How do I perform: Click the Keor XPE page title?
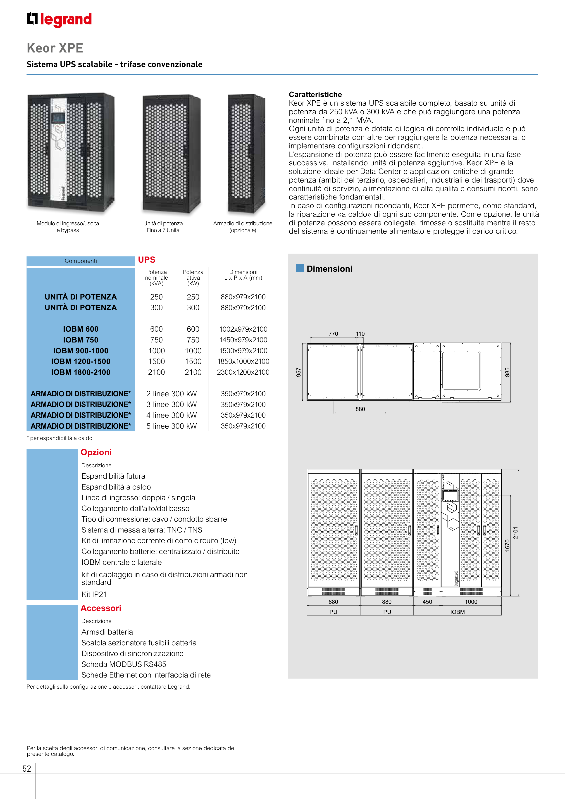pos(55,48)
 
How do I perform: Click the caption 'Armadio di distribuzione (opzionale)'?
pos(243,226)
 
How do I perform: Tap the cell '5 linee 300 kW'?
pos(171,426)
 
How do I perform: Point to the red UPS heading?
pos(147,260)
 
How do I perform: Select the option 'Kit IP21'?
pos(94,594)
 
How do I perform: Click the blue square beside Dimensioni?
pos(299,268)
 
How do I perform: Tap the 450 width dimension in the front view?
pos(427,602)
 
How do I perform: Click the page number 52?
pos(27,768)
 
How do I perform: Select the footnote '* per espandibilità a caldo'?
pos(60,438)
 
